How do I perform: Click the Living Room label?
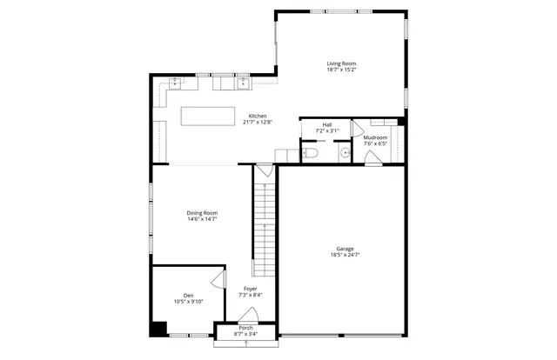[341, 63]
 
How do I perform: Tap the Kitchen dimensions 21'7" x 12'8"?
[258, 123]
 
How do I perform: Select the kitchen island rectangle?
[209, 117]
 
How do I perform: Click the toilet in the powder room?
[311, 154]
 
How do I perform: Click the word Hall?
[327, 125]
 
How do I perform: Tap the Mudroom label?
[375, 137]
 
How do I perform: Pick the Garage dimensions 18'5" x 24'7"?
[345, 255]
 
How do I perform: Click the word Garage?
[345, 249]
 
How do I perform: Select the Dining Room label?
[202, 213]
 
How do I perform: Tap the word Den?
[188, 296]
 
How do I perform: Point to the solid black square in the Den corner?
[158, 329]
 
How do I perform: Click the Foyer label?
[251, 289]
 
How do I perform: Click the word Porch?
[246, 328]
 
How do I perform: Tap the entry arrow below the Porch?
[245, 344]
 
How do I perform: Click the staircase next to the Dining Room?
[265, 222]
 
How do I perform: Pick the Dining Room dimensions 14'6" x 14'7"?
[202, 219]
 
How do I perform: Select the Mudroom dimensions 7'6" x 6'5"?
[375, 143]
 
